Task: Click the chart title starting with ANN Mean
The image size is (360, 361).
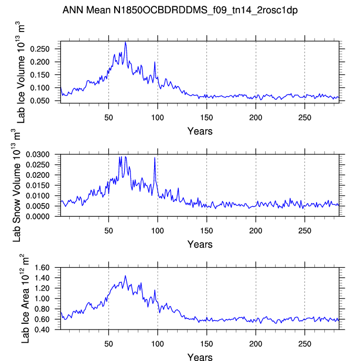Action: pos(180,10)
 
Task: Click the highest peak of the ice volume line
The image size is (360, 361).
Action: pos(126,43)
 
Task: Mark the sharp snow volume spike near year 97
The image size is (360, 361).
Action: pos(155,157)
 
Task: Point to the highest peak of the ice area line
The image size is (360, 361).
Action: pos(125,275)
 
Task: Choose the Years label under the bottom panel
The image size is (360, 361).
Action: pos(200,357)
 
